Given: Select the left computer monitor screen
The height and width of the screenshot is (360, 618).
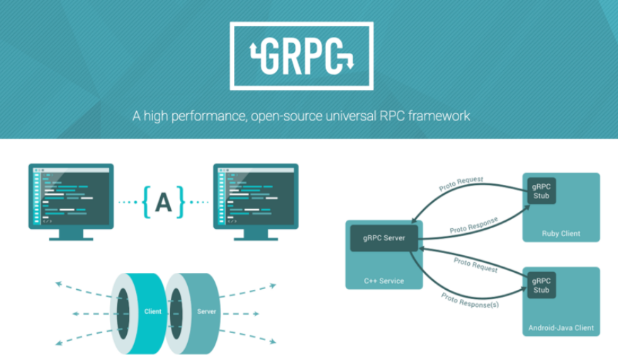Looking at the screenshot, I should tap(71, 195).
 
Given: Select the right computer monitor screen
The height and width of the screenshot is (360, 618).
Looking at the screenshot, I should tap(256, 195).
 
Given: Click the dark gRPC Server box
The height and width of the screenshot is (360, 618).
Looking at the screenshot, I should tap(383, 238).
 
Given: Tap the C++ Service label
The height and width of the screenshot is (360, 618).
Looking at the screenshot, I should tap(384, 281).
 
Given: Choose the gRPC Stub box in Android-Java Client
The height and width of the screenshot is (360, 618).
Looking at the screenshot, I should tap(541, 285).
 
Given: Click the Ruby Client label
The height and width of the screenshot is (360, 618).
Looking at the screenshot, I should tap(561, 233).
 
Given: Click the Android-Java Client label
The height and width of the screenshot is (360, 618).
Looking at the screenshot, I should tap(561, 328).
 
